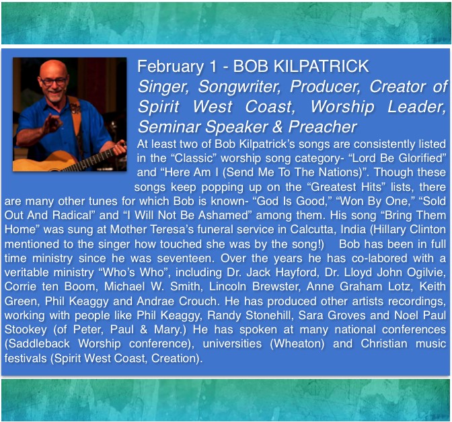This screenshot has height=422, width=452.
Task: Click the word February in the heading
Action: (x=171, y=67)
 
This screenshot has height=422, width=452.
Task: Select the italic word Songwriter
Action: (x=239, y=87)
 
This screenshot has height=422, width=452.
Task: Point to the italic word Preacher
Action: (x=323, y=127)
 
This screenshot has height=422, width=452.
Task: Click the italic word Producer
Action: (x=325, y=87)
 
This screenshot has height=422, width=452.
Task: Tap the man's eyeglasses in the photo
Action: (x=54, y=82)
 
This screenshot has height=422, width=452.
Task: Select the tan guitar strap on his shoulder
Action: (x=75, y=115)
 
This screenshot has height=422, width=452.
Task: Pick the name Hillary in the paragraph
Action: (x=388, y=230)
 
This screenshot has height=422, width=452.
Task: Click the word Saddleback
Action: (x=37, y=343)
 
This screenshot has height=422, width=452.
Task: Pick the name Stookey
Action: (x=26, y=330)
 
